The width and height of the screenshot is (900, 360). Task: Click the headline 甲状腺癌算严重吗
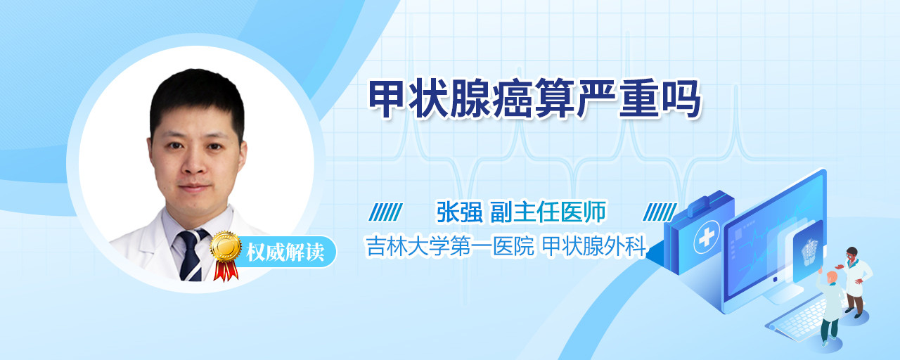tap(534, 99)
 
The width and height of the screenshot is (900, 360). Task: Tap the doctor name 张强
tap(459, 212)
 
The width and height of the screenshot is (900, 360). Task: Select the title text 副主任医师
tap(548, 212)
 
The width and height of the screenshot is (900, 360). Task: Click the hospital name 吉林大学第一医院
tap(450, 246)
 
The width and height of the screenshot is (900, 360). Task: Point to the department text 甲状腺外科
tap(594, 246)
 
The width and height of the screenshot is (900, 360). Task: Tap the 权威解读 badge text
tap(285, 252)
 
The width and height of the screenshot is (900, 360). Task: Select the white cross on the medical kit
tap(706, 237)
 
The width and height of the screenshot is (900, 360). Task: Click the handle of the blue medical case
tap(708, 203)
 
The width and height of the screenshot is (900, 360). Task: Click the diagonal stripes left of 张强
tap(386, 212)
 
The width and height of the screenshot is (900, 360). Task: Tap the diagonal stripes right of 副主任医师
tap(660, 212)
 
